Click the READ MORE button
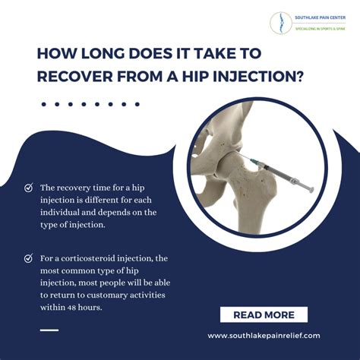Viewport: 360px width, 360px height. click(264, 314)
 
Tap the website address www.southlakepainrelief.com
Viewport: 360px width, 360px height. click(264, 335)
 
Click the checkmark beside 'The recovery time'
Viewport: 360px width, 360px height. click(28, 187)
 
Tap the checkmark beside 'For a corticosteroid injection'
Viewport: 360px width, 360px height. click(28, 258)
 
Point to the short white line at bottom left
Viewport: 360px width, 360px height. click(49, 330)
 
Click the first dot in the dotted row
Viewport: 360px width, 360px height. click(44, 104)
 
